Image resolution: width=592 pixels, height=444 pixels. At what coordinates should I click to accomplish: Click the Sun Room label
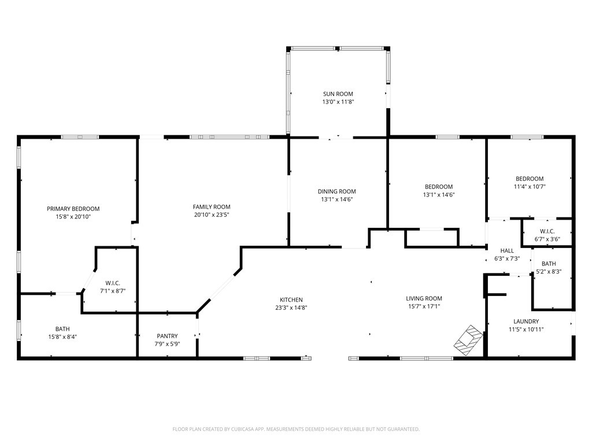[x=338, y=94]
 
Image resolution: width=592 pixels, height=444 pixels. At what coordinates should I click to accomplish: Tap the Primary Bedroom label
[x=73, y=209]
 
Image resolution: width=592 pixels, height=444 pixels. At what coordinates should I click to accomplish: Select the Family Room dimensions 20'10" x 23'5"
[x=212, y=215]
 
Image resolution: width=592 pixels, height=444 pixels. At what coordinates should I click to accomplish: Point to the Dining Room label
[x=337, y=191]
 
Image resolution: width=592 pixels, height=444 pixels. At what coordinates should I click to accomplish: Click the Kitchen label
[x=291, y=300]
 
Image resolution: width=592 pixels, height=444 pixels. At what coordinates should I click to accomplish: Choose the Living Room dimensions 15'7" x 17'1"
[x=424, y=306]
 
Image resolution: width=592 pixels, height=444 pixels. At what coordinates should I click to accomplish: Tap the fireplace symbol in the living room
[x=468, y=340]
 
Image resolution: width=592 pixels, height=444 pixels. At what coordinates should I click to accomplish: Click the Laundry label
[x=526, y=321]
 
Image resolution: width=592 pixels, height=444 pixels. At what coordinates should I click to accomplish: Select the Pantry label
[x=167, y=336]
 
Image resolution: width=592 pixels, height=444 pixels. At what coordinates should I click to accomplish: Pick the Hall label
[x=507, y=251]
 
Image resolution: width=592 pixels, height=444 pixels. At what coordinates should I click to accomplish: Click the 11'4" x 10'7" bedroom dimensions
[x=530, y=187]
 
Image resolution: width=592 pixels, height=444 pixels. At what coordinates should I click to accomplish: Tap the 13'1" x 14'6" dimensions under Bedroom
[x=439, y=195]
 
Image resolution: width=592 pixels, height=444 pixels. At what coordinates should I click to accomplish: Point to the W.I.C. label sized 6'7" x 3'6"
[x=547, y=231]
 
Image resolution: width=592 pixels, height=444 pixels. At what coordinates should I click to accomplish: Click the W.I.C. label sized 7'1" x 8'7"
[x=113, y=283]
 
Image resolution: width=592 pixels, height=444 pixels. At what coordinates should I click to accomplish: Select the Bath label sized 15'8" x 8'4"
[x=62, y=329]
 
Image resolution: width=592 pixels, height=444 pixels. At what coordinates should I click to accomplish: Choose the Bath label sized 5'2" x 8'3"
[x=549, y=264]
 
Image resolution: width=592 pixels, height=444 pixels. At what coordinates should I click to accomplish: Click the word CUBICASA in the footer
[x=243, y=430]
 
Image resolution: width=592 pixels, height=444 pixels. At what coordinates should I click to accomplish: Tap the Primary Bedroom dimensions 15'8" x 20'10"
[x=73, y=217]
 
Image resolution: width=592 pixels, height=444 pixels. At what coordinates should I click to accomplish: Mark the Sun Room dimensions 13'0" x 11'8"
[x=338, y=102]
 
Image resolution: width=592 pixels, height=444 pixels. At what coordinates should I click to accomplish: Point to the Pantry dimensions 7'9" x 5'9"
[x=167, y=344]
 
